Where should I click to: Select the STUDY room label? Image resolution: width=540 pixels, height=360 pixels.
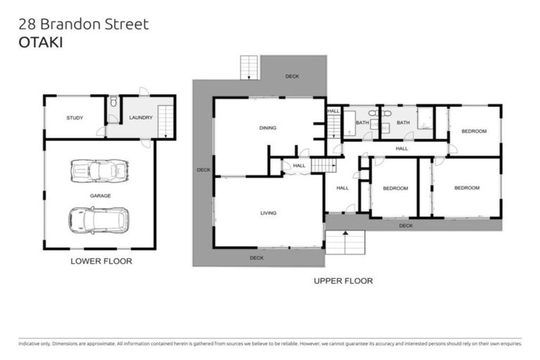pyautogui.click(x=75, y=118)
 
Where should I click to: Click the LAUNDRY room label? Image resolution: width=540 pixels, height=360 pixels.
pyautogui.click(x=140, y=117)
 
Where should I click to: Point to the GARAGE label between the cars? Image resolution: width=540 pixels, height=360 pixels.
pyautogui.click(x=99, y=195)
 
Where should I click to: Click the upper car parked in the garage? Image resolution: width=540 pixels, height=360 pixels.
pyautogui.click(x=99, y=171)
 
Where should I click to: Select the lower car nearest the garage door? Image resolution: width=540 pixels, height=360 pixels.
pyautogui.click(x=98, y=220)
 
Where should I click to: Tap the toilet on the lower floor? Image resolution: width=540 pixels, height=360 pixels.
pyautogui.click(x=112, y=103)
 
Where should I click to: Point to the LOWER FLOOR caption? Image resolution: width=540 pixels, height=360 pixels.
pyautogui.click(x=101, y=262)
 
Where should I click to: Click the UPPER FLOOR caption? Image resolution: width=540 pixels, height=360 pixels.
pyautogui.click(x=342, y=281)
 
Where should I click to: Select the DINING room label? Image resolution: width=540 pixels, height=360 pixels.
pyautogui.click(x=267, y=128)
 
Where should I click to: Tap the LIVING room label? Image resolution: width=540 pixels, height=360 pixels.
pyautogui.click(x=268, y=213)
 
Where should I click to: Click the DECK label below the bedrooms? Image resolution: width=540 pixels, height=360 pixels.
pyautogui.click(x=406, y=226)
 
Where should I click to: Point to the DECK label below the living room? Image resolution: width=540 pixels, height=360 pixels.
pyautogui.click(x=256, y=257)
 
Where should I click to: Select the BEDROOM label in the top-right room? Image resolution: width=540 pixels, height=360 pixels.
pyautogui.click(x=473, y=131)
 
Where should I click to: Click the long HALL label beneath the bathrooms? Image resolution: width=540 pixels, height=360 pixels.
pyautogui.click(x=401, y=148)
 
